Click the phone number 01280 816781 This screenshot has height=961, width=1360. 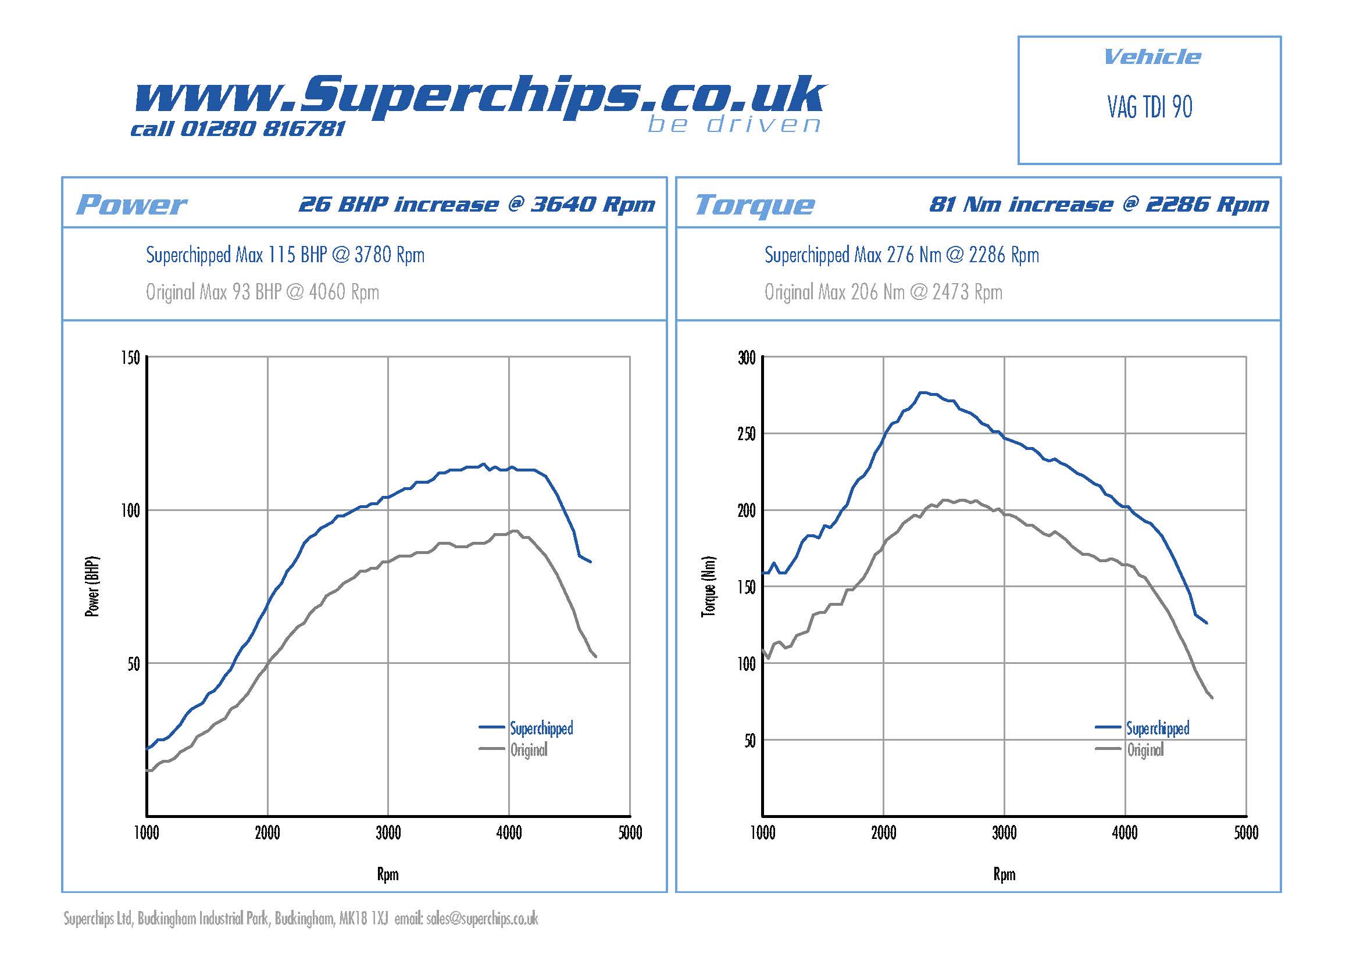pos(262,128)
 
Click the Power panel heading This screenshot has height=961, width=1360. pos(131,205)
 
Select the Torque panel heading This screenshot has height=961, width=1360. pos(754,205)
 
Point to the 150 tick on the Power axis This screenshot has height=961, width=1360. pos(130,358)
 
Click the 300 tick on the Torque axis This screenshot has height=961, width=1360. pos(747,358)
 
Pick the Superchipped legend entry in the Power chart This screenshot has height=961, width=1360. pos(541,728)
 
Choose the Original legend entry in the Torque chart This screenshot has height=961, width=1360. pos(1145,750)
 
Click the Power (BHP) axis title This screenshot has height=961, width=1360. pos(92,587)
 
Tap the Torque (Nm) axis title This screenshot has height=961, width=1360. pos(708,587)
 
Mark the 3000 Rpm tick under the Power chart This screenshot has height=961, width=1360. pos(388,833)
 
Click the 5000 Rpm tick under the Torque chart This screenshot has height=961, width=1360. pos(1245,833)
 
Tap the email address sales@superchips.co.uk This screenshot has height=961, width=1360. pos(481,919)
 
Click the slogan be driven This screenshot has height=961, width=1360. pos(734,125)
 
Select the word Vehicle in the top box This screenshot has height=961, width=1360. pos(1152,57)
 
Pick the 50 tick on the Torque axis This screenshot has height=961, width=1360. pos(749,740)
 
